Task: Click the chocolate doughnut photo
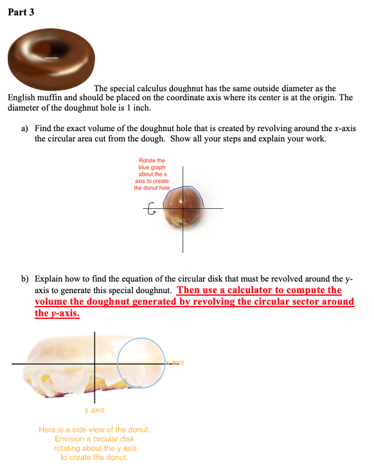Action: pos(51,62)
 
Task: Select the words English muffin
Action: pos(34,98)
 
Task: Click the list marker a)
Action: pos(24,129)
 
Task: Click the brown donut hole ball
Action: pos(183,210)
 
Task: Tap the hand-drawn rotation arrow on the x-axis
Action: pos(152,209)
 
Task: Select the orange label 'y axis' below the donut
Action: pos(94,410)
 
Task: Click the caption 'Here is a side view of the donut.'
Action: pos(94,429)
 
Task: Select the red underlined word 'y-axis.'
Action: pos(57,312)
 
